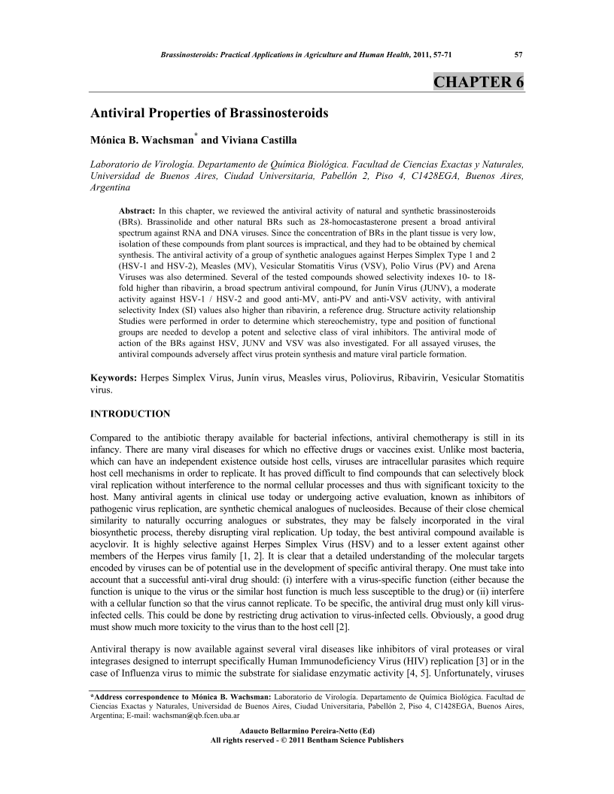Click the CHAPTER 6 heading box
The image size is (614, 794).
click(479, 82)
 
